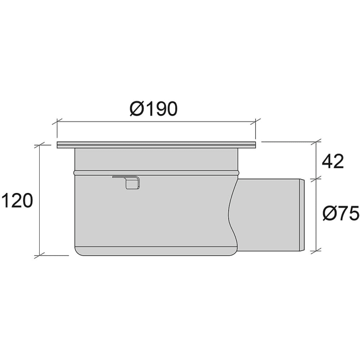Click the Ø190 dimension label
click(154, 108)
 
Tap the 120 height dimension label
click(18, 200)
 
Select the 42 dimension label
click(333, 161)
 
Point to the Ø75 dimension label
click(341, 213)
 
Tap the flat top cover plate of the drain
click(156, 145)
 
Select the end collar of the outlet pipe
click(302, 215)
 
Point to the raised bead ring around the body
click(157, 172)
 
